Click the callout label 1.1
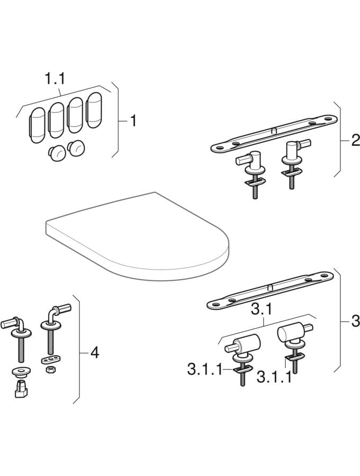[x=55, y=79]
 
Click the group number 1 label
[x=133, y=121]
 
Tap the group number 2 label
[x=355, y=141]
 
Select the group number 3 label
[x=355, y=321]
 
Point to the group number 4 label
[x=95, y=353]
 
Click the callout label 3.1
[x=262, y=310]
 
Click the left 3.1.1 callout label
[x=205, y=370]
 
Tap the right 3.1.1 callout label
[x=274, y=377]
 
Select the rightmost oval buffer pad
[x=94, y=110]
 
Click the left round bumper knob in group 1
[x=57, y=153]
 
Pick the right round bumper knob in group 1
[x=76, y=149]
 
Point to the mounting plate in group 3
[x=270, y=290]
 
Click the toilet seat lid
[x=137, y=236]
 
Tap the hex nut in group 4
[x=49, y=370]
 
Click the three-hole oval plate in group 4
[x=50, y=360]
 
